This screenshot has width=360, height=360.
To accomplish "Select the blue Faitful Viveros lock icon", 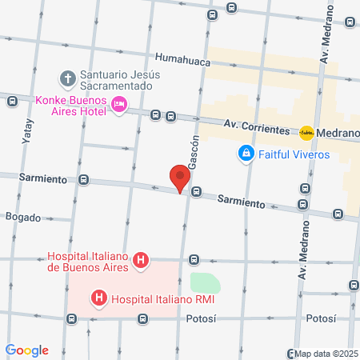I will (x=246, y=153).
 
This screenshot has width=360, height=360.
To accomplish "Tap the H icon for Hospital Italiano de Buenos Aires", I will (x=141, y=260).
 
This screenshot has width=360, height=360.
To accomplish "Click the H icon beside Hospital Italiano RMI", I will (x=99, y=300).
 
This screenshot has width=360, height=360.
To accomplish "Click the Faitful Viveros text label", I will (x=296, y=154).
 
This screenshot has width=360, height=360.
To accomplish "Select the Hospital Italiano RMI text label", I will (x=166, y=300).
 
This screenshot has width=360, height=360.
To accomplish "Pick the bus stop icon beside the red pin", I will (x=195, y=192).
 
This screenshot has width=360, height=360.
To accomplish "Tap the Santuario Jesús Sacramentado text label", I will (x=120, y=80).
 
